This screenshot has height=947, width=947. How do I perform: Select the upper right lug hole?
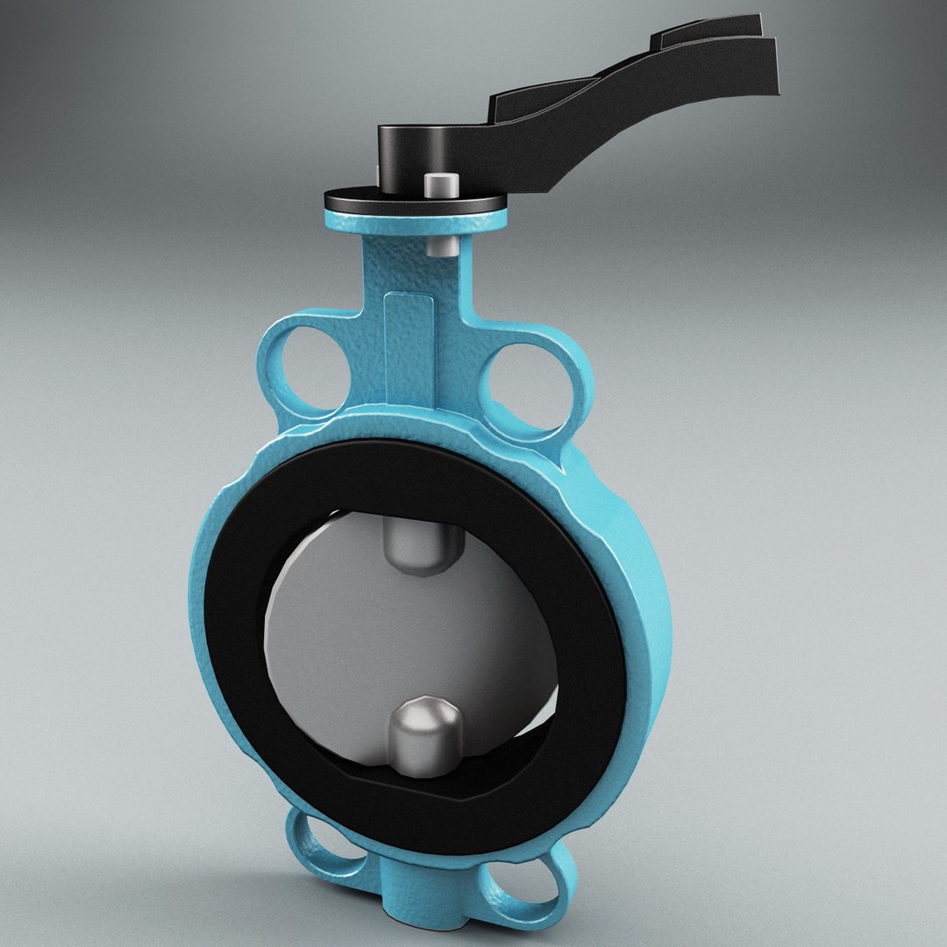pos(530,384)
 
